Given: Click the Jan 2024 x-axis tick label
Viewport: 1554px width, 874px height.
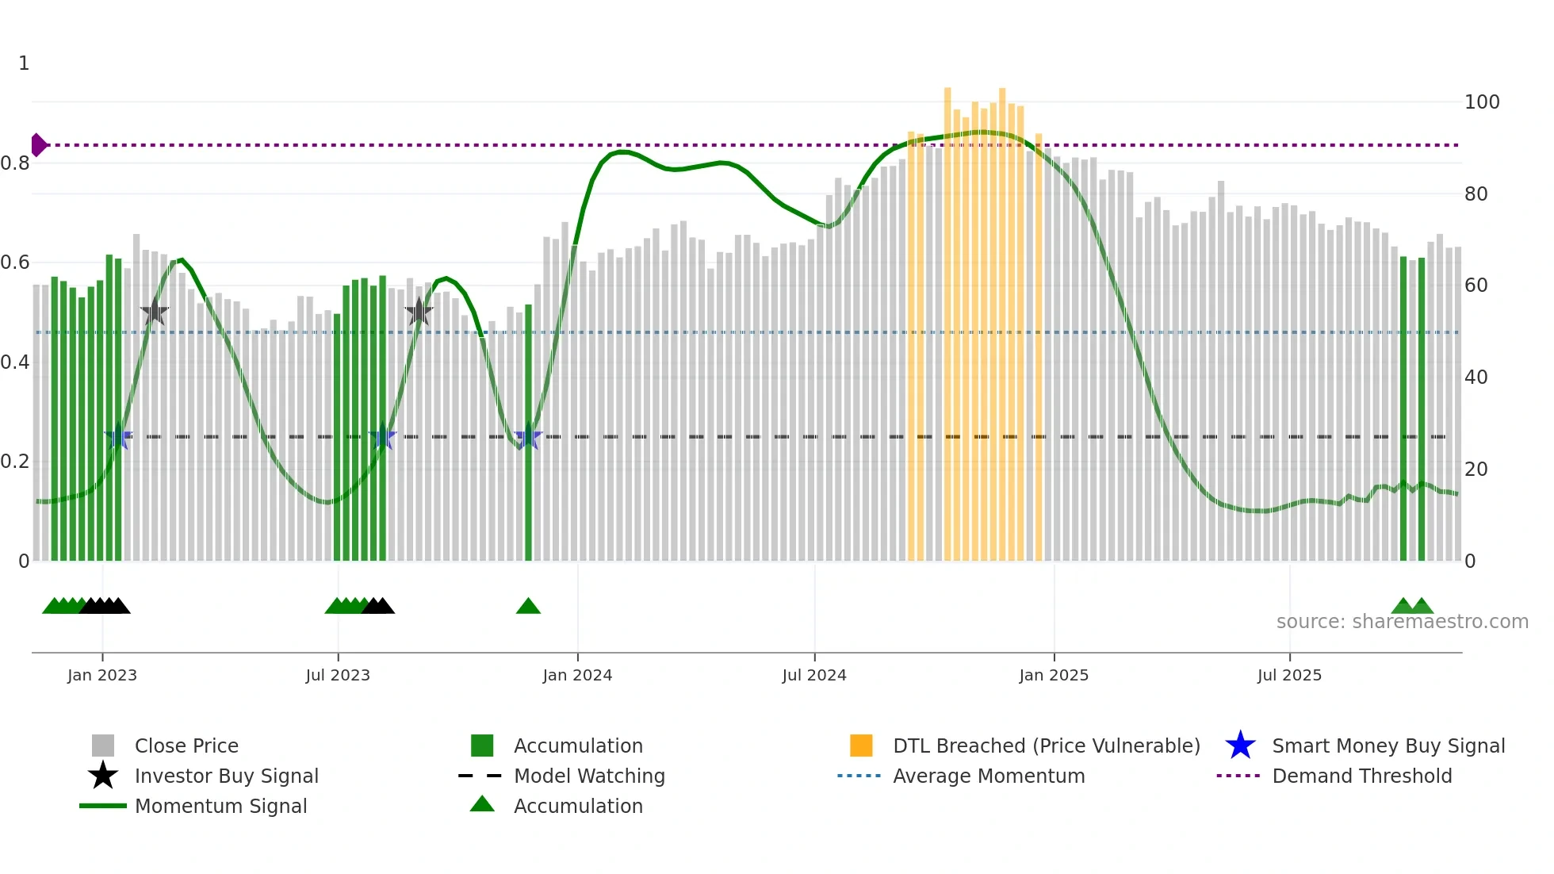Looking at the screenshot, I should (577, 675).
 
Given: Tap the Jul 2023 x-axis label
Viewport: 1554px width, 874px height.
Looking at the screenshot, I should (338, 675).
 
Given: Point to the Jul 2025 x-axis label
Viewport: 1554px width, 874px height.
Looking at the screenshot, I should (1289, 675).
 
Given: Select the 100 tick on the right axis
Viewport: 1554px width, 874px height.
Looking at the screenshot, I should (1481, 102).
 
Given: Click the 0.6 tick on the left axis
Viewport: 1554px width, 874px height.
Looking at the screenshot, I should (15, 263).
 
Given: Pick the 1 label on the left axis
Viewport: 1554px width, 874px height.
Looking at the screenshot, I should (24, 63).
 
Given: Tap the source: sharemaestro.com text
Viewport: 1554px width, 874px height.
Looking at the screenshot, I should (1402, 622).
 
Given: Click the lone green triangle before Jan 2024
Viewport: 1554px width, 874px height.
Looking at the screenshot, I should (528, 607).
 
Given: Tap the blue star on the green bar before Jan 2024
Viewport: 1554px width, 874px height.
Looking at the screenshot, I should (528, 437).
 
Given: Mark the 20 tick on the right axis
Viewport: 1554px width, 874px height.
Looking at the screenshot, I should (1476, 470).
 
